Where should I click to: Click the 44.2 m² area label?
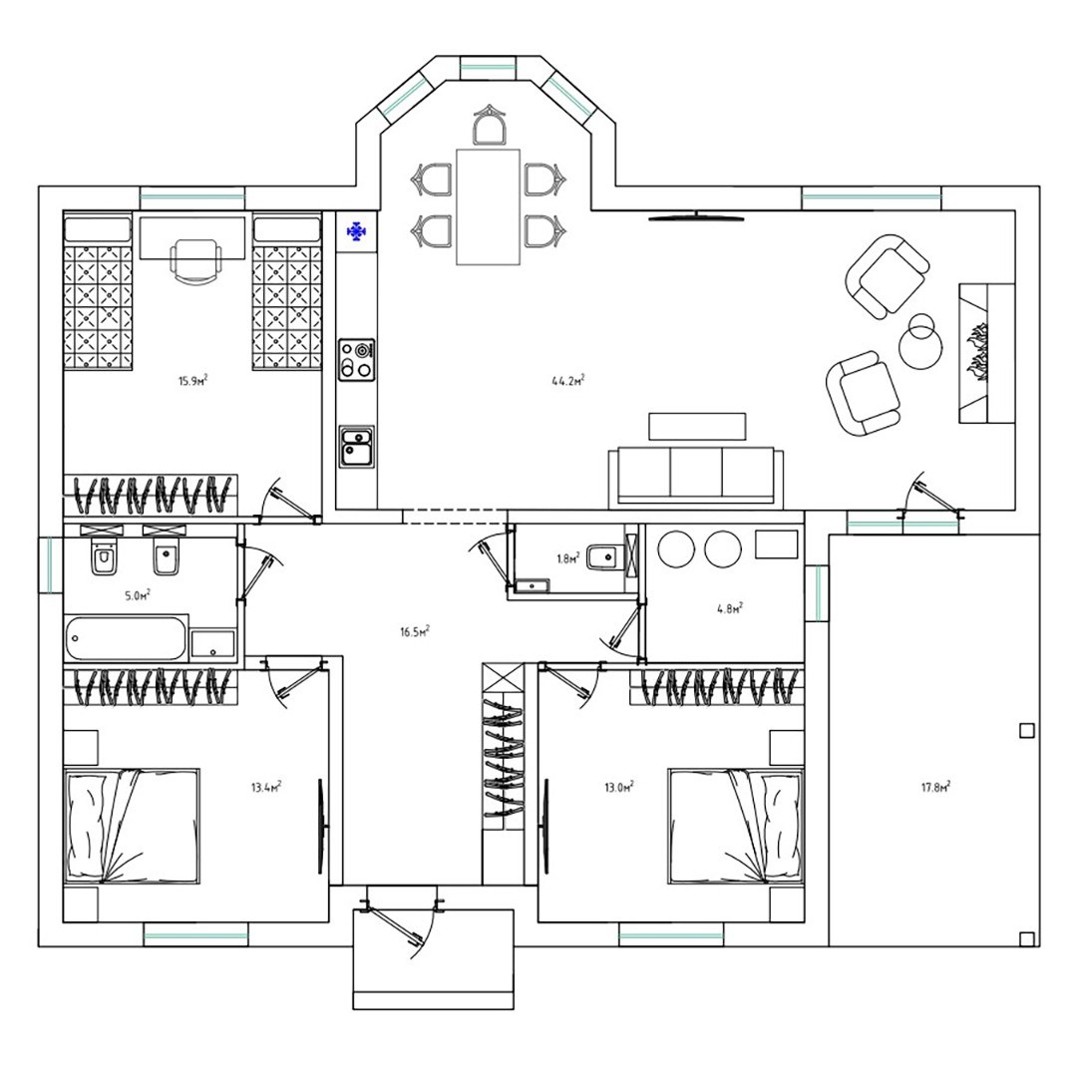click(568, 381)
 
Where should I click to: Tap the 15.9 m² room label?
click(193, 381)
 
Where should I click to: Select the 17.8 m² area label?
click(935, 787)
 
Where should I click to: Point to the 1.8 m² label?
click(568, 557)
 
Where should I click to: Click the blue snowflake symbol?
click(356, 232)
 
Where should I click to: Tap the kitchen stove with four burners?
click(357, 359)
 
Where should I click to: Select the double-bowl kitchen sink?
click(356, 447)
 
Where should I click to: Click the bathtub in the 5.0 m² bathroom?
click(127, 638)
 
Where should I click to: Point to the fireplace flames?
click(975, 354)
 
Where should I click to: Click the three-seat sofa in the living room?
click(695, 477)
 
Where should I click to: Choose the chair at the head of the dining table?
click(489, 125)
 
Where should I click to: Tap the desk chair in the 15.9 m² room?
click(195, 261)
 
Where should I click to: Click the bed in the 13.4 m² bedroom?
click(132, 826)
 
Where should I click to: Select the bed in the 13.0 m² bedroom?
click(736, 826)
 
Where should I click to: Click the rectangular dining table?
click(489, 206)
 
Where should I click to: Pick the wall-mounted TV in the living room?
click(696, 217)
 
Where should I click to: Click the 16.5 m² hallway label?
click(415, 631)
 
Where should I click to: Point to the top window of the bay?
click(488, 67)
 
